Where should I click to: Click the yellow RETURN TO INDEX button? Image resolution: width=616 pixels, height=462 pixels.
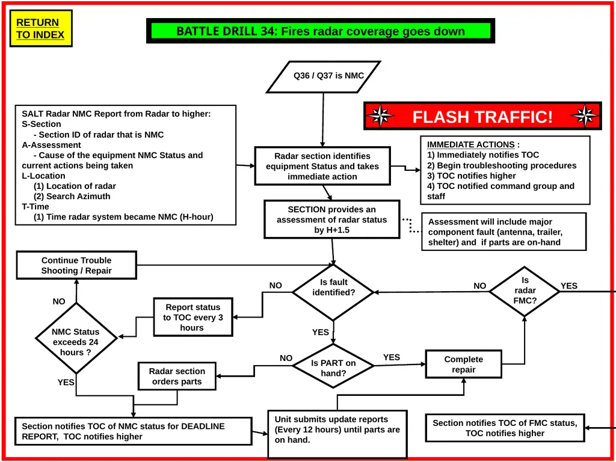point(41,29)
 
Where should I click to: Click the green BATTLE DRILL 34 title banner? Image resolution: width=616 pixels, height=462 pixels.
point(321,31)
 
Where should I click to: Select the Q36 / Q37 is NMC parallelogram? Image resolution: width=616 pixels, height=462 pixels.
point(324,76)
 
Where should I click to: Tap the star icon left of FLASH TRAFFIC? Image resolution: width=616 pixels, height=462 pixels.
point(380,116)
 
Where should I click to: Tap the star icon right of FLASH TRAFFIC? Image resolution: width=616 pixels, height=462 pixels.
point(585,116)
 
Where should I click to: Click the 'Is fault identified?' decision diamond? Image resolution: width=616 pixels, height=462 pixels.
point(333,292)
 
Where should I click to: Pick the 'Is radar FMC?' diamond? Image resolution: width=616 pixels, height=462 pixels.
point(525,291)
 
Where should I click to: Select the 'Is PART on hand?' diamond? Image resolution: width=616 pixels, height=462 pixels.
point(333,366)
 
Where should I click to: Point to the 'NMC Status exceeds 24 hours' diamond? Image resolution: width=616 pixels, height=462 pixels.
point(76,338)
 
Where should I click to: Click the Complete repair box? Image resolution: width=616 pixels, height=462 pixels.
point(464,364)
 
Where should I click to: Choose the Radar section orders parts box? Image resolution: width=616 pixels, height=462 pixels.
point(177,376)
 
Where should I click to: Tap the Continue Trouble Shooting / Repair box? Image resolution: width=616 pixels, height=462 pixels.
point(76,265)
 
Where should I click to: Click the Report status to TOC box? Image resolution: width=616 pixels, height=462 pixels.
point(193,317)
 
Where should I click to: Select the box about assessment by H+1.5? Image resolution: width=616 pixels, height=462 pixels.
point(332,219)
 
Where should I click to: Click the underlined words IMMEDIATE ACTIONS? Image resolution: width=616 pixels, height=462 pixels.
point(470,144)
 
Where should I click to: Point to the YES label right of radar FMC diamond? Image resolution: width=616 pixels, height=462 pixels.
point(569,286)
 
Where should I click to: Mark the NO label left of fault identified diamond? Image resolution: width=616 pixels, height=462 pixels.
point(276,286)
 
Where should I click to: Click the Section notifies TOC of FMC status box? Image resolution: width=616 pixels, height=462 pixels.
point(505,428)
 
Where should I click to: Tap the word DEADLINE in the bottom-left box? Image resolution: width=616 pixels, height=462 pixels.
point(203,427)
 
